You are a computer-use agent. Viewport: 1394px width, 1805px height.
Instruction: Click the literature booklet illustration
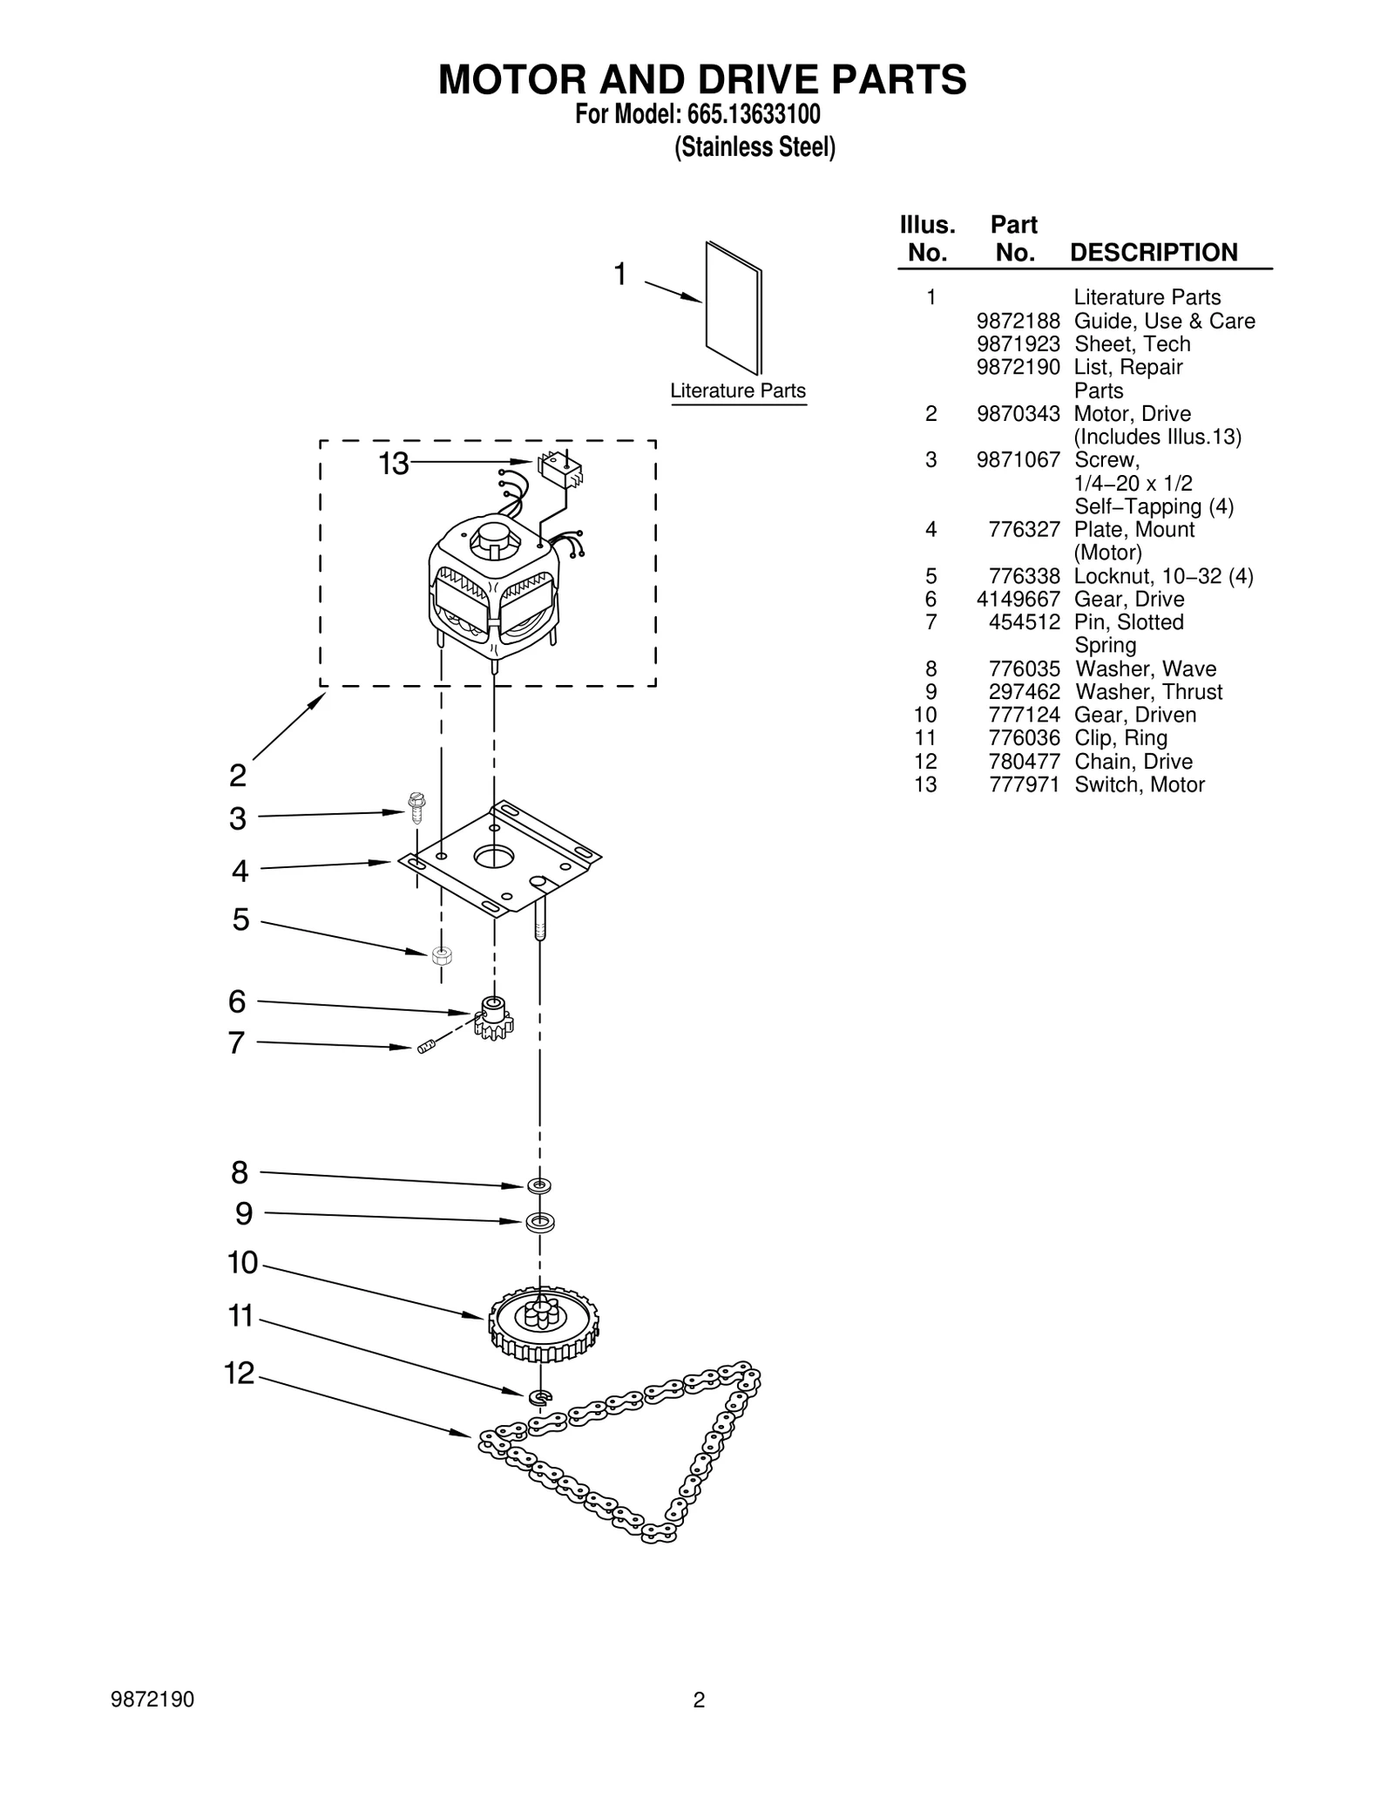pyautogui.click(x=733, y=307)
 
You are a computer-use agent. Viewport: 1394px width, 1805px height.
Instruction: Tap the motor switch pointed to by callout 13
pyautogui.click(x=559, y=471)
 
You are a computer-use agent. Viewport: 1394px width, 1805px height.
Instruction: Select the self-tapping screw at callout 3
pyautogui.click(x=416, y=807)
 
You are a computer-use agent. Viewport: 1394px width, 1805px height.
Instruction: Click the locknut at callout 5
pyautogui.click(x=442, y=955)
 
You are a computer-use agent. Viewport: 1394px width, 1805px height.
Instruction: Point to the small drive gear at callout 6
pyautogui.click(x=493, y=1017)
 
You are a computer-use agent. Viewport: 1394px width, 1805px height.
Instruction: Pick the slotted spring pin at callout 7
pyautogui.click(x=425, y=1047)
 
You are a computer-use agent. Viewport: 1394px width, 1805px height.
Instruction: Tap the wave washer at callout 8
pyautogui.click(x=539, y=1185)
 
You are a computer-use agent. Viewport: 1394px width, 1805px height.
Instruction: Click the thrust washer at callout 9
pyautogui.click(x=540, y=1222)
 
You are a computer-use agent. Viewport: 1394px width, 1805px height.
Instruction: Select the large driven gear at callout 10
pyautogui.click(x=543, y=1324)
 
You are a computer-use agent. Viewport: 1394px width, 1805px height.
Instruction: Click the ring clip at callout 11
pyautogui.click(x=540, y=1397)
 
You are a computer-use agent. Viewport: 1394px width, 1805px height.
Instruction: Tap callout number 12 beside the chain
pyautogui.click(x=240, y=1374)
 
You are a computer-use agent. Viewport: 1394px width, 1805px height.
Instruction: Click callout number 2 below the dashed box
pyautogui.click(x=238, y=775)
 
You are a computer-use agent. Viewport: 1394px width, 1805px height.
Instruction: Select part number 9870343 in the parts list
pyautogui.click(x=1018, y=414)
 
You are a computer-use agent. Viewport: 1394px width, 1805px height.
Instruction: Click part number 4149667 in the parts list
pyautogui.click(x=1018, y=600)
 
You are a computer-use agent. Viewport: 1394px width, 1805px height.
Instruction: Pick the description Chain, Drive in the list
pyautogui.click(x=1133, y=762)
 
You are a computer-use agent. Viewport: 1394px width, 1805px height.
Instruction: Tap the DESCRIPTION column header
pyautogui.click(x=1153, y=253)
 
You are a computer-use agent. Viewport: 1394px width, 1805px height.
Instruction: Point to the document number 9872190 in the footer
pyautogui.click(x=152, y=1700)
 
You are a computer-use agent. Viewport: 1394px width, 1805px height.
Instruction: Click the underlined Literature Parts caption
pyautogui.click(x=738, y=391)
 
